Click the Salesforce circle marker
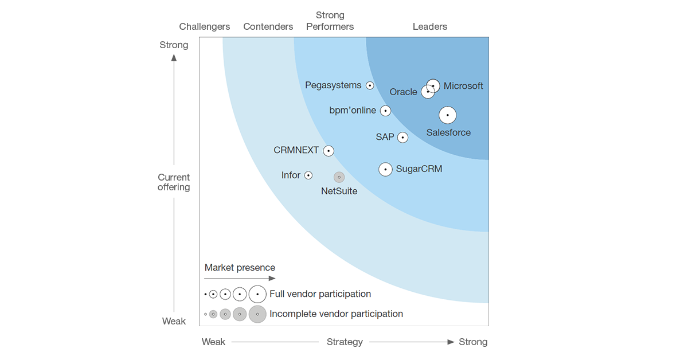pyautogui.click(x=448, y=115)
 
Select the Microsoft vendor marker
pyautogui.click(x=433, y=86)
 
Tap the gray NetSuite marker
pyautogui.click(x=339, y=178)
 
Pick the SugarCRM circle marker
pyautogui.click(x=386, y=169)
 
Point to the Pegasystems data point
pyautogui.click(x=370, y=85)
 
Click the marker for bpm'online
pyautogui.click(x=386, y=111)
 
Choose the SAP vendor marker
pyautogui.click(x=402, y=138)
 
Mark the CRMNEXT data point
pyautogui.click(x=329, y=151)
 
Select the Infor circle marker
pyautogui.click(x=308, y=175)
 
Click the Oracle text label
pyautogui.click(x=403, y=92)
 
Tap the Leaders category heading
pyautogui.click(x=430, y=26)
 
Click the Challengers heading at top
pyautogui.click(x=205, y=26)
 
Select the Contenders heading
pyautogui.click(x=268, y=26)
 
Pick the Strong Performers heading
pyautogui.click(x=330, y=21)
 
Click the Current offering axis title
pyautogui.click(x=174, y=182)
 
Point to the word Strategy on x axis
pyautogui.click(x=345, y=342)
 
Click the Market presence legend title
pyautogui.click(x=240, y=268)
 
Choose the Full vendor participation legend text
pyautogui.click(x=320, y=294)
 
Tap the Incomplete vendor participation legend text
pyautogui.click(x=336, y=314)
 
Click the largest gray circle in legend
pyautogui.click(x=257, y=314)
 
